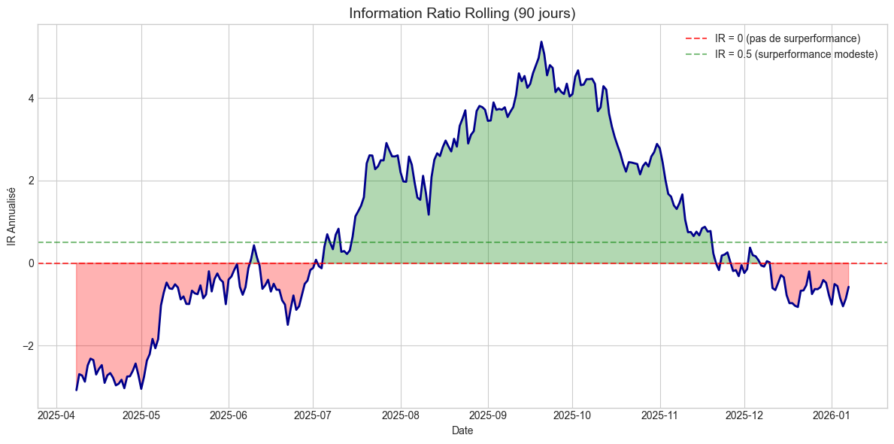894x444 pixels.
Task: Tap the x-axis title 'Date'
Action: point(462,431)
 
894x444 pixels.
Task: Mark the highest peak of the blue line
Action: point(541,42)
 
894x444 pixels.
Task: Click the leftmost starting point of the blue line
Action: point(77,389)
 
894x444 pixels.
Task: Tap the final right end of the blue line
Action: point(848,287)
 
